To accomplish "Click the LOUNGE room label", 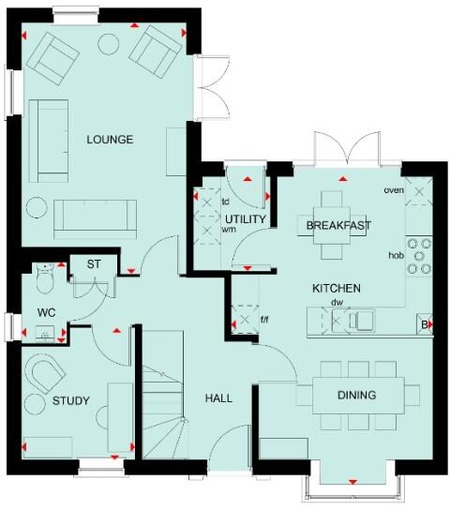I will [110, 141].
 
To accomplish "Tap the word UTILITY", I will [247, 219].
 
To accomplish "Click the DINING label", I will [356, 395].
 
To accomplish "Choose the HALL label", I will [218, 398].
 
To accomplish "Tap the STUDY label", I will [70, 401].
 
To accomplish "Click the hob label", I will [397, 255].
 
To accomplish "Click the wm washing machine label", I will [228, 229].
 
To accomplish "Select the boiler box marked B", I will [425, 324].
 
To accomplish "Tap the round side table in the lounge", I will [37, 206].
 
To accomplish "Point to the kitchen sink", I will [361, 322].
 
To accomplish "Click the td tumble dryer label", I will [226, 202].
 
